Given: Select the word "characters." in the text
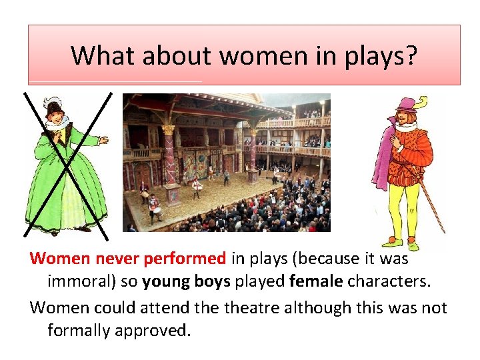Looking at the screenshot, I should pyautogui.click(x=389, y=282).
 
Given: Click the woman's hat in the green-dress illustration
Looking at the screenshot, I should pyautogui.click(x=53, y=105).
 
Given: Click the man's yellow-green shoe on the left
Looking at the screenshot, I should pyautogui.click(x=394, y=242).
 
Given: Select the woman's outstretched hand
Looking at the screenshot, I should pyautogui.click(x=103, y=141).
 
